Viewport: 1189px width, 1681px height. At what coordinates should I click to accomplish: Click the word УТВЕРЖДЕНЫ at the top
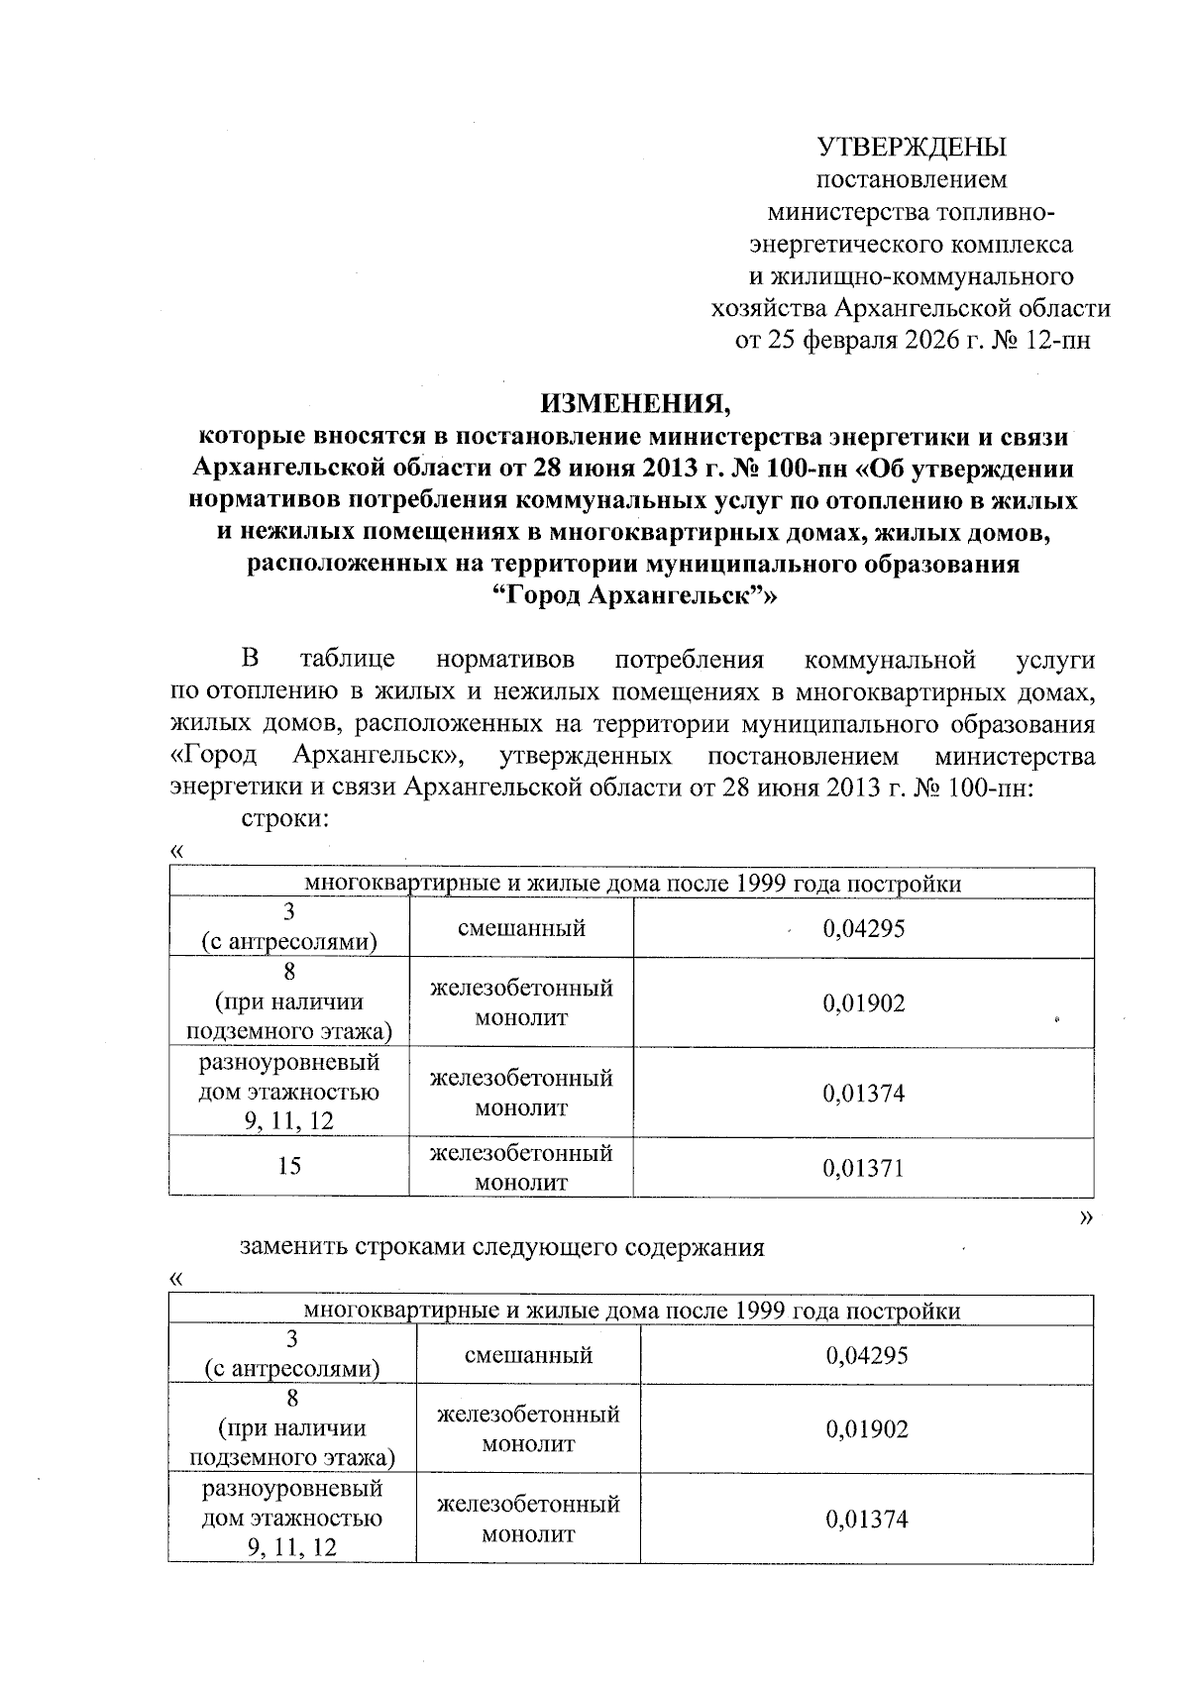[911, 148]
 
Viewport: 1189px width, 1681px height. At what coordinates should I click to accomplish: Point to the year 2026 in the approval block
[931, 340]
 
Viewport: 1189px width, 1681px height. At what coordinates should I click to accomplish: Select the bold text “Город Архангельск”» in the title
[634, 596]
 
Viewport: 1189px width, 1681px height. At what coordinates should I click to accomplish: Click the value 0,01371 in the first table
[863, 1168]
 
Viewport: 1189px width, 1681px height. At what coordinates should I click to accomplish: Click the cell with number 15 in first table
[289, 1166]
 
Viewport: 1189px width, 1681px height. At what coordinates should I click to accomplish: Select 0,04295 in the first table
[863, 928]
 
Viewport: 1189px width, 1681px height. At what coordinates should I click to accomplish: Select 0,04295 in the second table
[866, 1355]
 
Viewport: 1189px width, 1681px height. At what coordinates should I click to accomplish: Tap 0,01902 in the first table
[863, 1003]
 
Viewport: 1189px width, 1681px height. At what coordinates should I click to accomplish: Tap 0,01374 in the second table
[866, 1520]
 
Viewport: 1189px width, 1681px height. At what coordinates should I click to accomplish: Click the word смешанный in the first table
[521, 928]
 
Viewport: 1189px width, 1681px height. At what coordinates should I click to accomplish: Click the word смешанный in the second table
[528, 1355]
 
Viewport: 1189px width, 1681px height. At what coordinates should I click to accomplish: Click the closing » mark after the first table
[1086, 1215]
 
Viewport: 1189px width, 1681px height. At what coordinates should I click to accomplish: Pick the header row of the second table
[631, 1311]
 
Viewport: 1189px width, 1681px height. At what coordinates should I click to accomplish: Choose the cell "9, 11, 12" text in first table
[289, 1120]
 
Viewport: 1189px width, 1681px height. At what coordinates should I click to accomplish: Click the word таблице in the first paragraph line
[347, 660]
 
